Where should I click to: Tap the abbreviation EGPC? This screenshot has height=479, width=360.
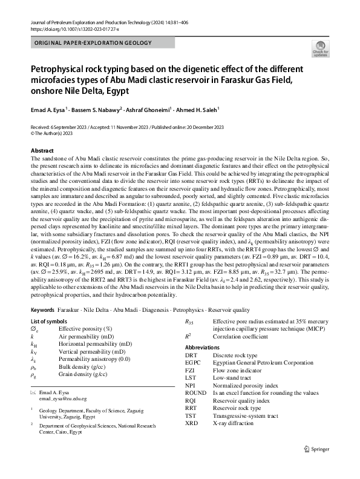(194, 362)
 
